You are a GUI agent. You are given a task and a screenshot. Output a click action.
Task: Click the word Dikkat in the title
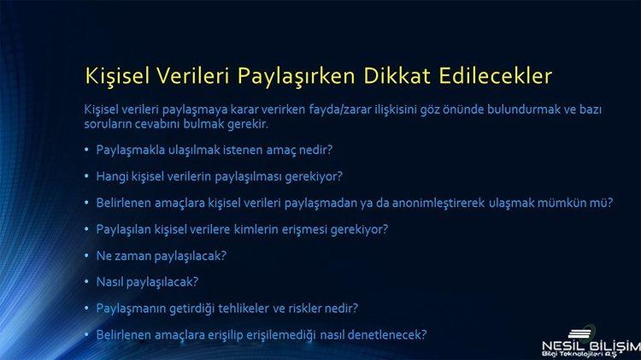[x=397, y=76]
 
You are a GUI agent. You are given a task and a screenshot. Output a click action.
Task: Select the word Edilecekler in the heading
[x=496, y=76]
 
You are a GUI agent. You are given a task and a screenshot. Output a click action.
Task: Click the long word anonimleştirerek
[x=438, y=203]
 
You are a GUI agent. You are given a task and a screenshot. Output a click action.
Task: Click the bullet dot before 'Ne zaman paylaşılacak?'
[x=86, y=256]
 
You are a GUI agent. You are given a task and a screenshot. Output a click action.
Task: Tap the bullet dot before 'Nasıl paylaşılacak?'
[x=86, y=281]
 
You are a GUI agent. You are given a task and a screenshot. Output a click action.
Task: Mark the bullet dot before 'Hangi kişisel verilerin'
[x=86, y=176]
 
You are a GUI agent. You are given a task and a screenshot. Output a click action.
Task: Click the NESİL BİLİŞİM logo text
[x=591, y=346]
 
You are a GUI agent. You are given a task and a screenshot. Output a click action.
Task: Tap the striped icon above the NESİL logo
[x=579, y=333]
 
